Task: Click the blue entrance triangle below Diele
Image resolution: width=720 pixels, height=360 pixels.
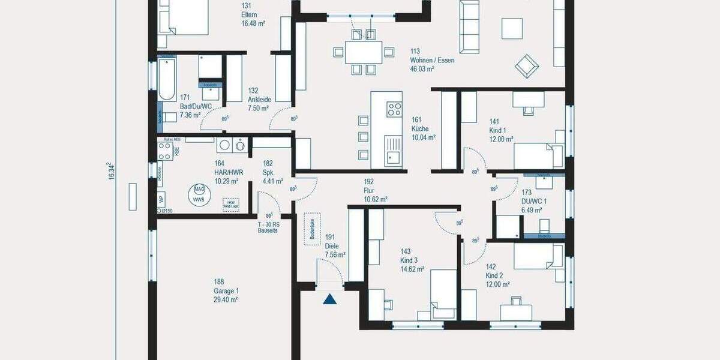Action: (329, 299)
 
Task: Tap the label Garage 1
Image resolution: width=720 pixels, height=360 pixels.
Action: (226, 290)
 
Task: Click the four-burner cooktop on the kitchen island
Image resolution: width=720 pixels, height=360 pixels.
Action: (394, 110)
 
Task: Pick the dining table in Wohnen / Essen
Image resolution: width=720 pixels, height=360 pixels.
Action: (363, 53)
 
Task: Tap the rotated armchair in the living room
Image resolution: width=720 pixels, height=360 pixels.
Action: (526, 66)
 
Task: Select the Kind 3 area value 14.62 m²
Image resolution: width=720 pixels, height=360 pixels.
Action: (412, 269)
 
